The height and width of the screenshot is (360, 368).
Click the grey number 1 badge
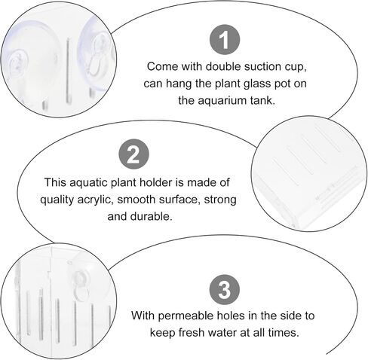(225, 39)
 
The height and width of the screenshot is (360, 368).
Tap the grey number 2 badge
(133, 154)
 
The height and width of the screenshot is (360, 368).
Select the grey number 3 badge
(225, 289)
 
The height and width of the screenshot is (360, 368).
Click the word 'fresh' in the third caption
(192, 333)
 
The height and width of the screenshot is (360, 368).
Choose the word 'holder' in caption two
(156, 182)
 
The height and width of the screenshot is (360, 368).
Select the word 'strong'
(220, 200)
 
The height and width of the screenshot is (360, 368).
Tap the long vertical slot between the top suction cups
(67, 71)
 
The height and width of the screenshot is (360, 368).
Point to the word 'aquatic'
(89, 183)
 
